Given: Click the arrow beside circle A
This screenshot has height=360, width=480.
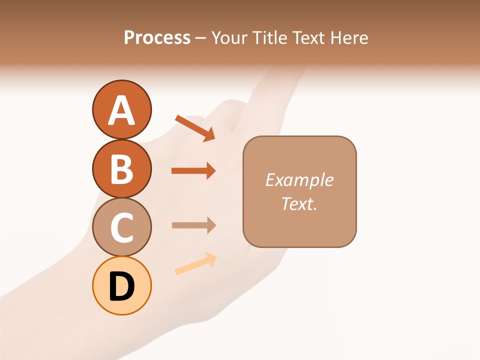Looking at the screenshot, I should [195, 128].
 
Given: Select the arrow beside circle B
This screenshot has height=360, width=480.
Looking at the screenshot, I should [193, 171].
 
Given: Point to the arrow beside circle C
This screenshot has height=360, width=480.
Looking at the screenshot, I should [193, 225].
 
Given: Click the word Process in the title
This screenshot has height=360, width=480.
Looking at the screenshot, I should [157, 38].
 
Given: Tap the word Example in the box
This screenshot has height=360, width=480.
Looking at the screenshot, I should [299, 180].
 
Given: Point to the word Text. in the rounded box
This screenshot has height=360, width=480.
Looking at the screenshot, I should [299, 203].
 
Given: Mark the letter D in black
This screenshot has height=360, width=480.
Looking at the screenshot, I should [121, 287].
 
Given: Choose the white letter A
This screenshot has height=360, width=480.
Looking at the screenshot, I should [121, 110].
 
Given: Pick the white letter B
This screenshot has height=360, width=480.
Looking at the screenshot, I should [121, 169].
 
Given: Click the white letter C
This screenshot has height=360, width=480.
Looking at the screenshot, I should [121, 227].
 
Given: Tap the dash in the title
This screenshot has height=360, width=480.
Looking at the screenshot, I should [201, 38].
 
